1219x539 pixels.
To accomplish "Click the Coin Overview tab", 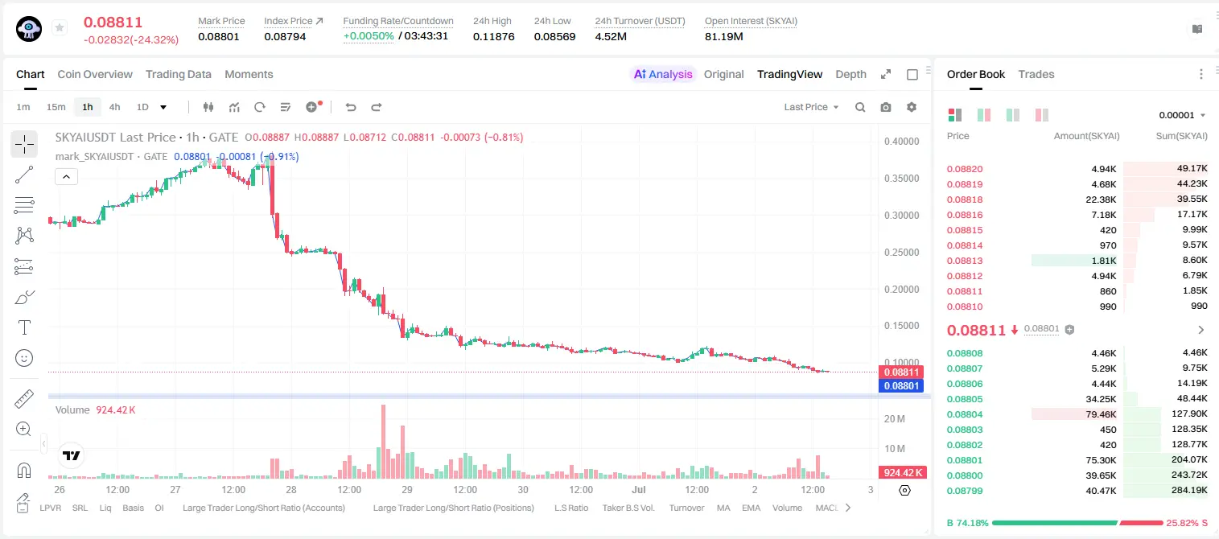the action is coord(95,74).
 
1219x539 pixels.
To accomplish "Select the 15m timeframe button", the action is coord(56,107).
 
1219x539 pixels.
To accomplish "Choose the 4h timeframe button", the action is coord(114,107).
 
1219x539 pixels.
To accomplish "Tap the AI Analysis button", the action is coord(663,74).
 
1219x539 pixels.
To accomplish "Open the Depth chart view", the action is coord(850,74).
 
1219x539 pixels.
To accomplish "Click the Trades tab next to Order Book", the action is coord(1036,74).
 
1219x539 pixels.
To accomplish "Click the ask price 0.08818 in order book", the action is coord(964,200).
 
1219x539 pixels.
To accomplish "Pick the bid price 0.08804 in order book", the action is coord(964,414).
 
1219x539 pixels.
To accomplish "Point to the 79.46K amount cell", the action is coord(1101,414).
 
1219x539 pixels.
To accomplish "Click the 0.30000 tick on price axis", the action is coord(901,216).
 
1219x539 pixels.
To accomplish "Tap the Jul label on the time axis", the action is coord(638,489).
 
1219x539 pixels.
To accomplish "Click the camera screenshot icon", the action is coord(886,107).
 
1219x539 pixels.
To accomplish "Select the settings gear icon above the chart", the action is coord(912,107).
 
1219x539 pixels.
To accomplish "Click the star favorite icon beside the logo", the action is coord(60,27).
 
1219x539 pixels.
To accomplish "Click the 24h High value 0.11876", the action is coord(493,36).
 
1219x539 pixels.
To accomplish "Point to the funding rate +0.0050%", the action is coord(369,36).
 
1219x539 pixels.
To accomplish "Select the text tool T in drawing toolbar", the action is coord(24,327).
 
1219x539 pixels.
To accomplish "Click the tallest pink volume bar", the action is coord(384,442).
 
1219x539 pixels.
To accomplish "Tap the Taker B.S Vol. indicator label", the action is coord(628,508).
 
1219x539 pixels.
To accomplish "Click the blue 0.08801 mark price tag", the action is coord(901,385).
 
